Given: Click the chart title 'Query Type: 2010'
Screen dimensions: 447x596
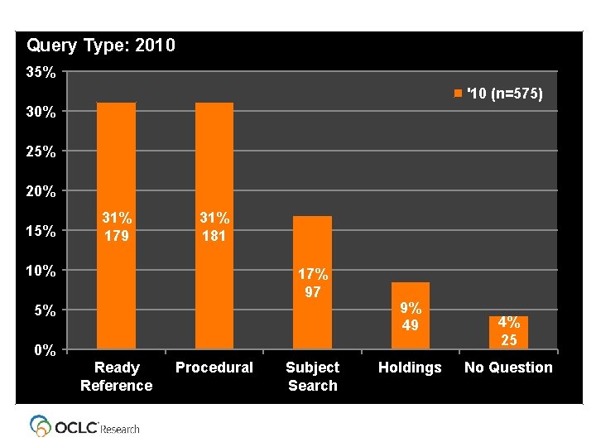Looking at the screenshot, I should pos(101,46).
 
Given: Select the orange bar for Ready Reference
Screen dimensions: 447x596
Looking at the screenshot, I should pos(116,166).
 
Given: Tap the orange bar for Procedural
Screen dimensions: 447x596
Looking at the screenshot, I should pos(214,166).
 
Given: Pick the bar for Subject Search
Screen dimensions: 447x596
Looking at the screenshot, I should pos(312,248).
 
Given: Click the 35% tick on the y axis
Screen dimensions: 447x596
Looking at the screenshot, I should pos(41,73).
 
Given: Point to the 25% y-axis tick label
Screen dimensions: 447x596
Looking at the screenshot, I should pos(41,152).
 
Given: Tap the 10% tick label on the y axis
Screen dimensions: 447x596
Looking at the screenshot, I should pos(41,271).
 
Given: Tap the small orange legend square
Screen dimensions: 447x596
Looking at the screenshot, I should pos(458,94).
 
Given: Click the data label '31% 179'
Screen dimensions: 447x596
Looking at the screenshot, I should pos(116,226).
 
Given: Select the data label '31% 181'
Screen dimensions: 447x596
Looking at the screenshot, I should pos(214,226).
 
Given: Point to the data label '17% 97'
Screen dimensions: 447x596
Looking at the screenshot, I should pos(313,282).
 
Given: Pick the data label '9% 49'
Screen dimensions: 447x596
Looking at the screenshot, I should pos(410,316).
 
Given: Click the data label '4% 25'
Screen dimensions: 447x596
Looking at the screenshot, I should pos(508,331).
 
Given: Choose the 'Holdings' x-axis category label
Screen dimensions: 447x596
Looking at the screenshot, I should pos(410,368).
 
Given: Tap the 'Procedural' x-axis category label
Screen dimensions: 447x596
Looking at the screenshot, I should pos(214,368).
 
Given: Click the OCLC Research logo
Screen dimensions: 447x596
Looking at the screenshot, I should pos(84,426).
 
